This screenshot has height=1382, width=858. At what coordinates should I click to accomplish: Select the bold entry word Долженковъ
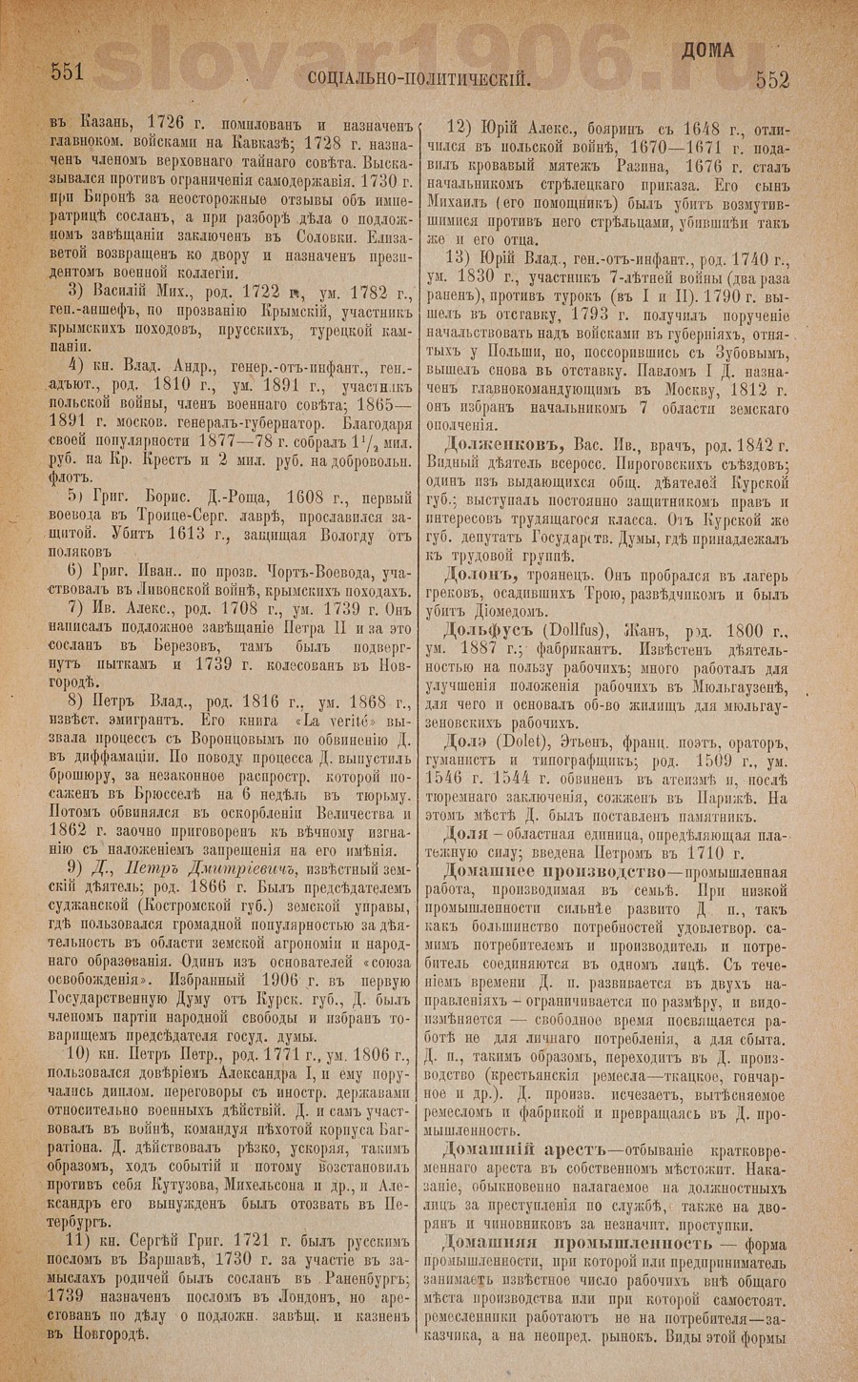pos(504,445)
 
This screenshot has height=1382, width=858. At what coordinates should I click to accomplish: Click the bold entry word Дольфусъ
pos(490,633)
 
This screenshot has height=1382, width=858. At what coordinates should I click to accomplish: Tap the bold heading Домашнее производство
pos(547,873)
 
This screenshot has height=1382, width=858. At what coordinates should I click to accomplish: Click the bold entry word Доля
pos(466,832)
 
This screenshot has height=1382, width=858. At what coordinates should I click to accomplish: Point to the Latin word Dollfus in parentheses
pos(568,634)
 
